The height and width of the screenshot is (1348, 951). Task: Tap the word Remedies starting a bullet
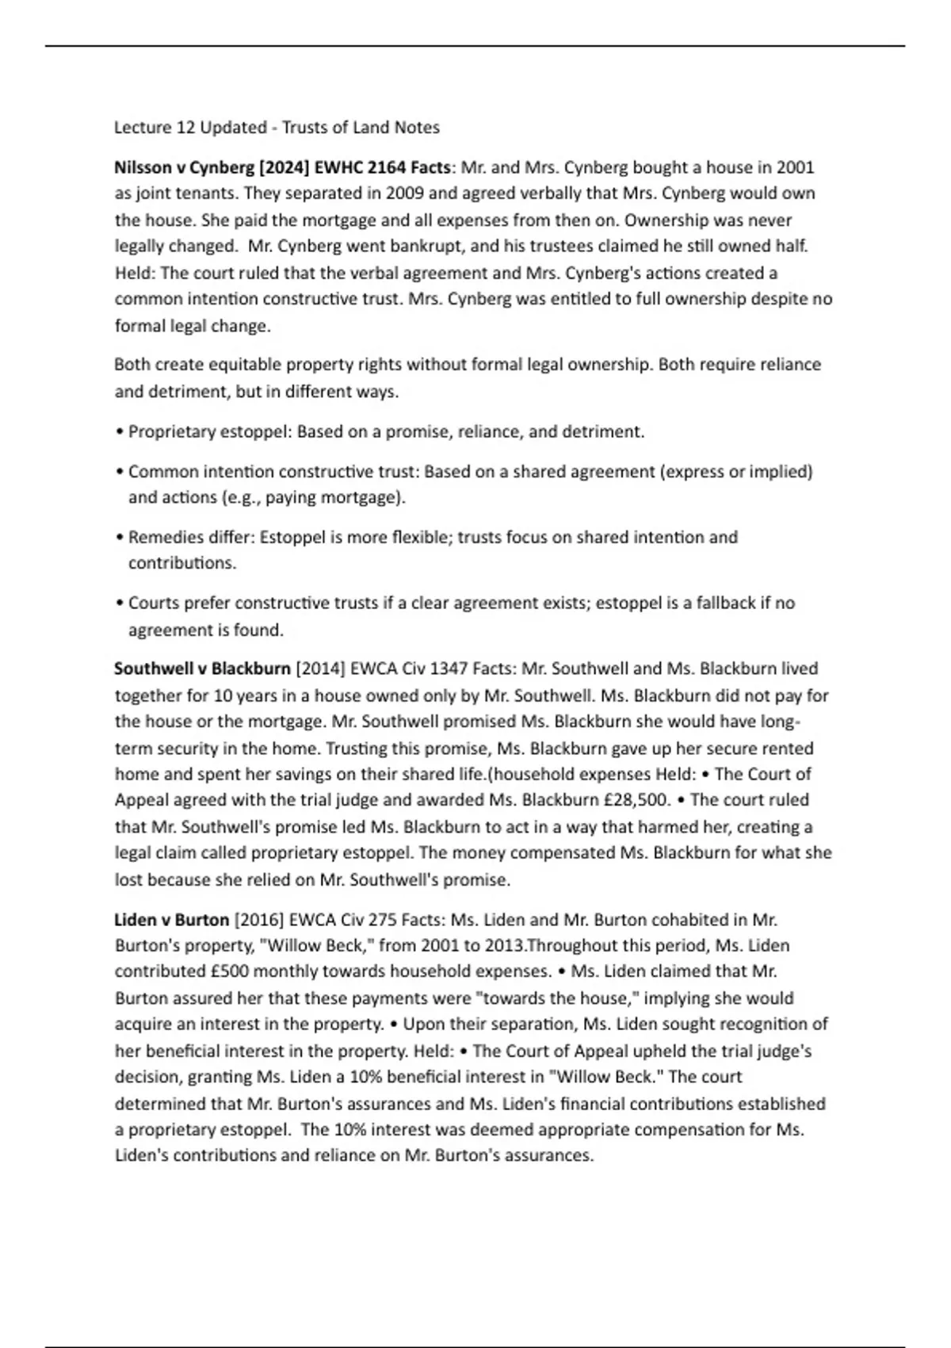[x=161, y=538]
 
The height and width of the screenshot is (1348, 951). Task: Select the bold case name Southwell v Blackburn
[x=202, y=668]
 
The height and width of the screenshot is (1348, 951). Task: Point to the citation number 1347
[x=449, y=668]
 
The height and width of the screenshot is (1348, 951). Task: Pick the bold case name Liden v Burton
[x=171, y=920]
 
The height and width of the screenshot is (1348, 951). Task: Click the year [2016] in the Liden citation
[x=259, y=920]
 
